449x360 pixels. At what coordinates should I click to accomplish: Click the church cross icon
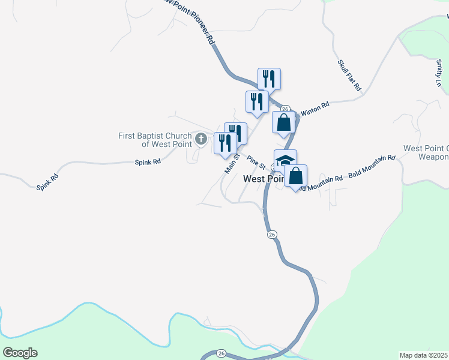201,140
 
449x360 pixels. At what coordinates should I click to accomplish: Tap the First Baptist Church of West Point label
155,140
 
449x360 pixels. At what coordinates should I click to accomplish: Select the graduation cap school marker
286,160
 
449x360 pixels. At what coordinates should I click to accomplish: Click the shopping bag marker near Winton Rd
284,122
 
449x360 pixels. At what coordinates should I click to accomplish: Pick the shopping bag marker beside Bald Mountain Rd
295,176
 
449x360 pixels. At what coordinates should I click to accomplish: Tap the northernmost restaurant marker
269,79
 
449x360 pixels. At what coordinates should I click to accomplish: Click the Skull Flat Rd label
349,75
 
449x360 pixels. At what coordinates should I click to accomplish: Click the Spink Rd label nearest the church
148,162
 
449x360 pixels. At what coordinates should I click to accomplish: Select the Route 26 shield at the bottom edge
221,353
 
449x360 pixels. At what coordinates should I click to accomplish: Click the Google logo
20,353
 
